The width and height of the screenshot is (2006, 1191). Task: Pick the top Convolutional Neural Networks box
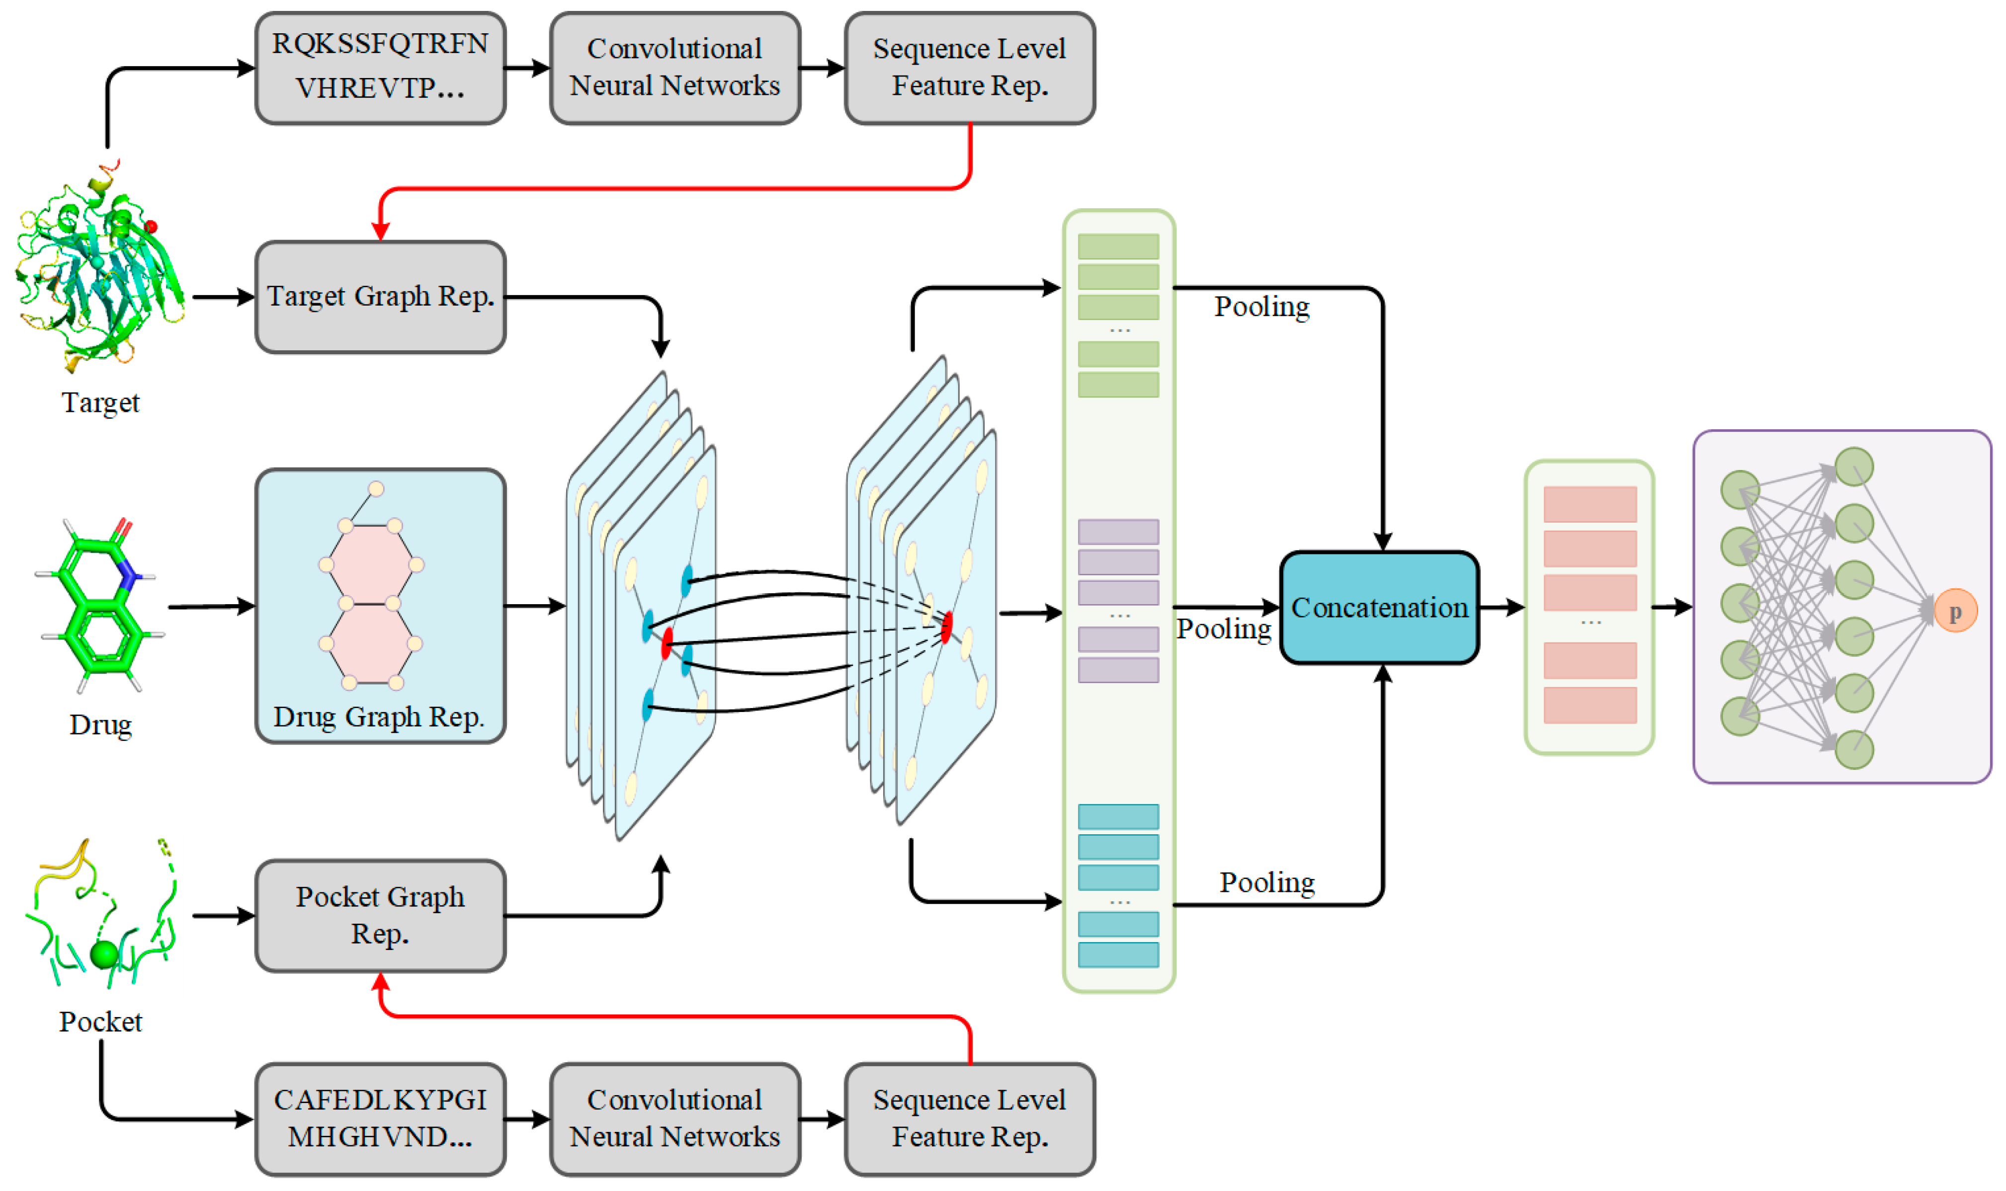(x=674, y=68)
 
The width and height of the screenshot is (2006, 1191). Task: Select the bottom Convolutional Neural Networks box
(x=674, y=1119)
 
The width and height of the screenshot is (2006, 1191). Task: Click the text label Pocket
(x=100, y=1022)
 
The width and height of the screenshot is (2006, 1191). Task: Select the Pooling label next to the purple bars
(x=1223, y=629)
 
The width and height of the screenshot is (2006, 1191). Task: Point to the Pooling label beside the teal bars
(x=1267, y=883)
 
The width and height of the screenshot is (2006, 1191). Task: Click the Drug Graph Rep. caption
(x=379, y=716)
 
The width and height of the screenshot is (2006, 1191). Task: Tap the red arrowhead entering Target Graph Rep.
(x=381, y=231)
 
